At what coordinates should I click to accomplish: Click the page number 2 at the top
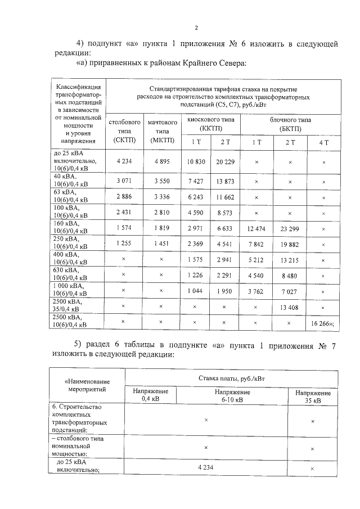click(x=196, y=28)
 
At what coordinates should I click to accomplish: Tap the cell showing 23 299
click(x=290, y=229)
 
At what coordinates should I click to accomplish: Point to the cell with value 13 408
click(x=290, y=308)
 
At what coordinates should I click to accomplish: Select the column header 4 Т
click(x=323, y=142)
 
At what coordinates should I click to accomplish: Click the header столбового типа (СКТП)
click(x=124, y=130)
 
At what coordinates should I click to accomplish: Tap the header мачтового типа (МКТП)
click(x=160, y=130)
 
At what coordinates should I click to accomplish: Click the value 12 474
click(x=256, y=229)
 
